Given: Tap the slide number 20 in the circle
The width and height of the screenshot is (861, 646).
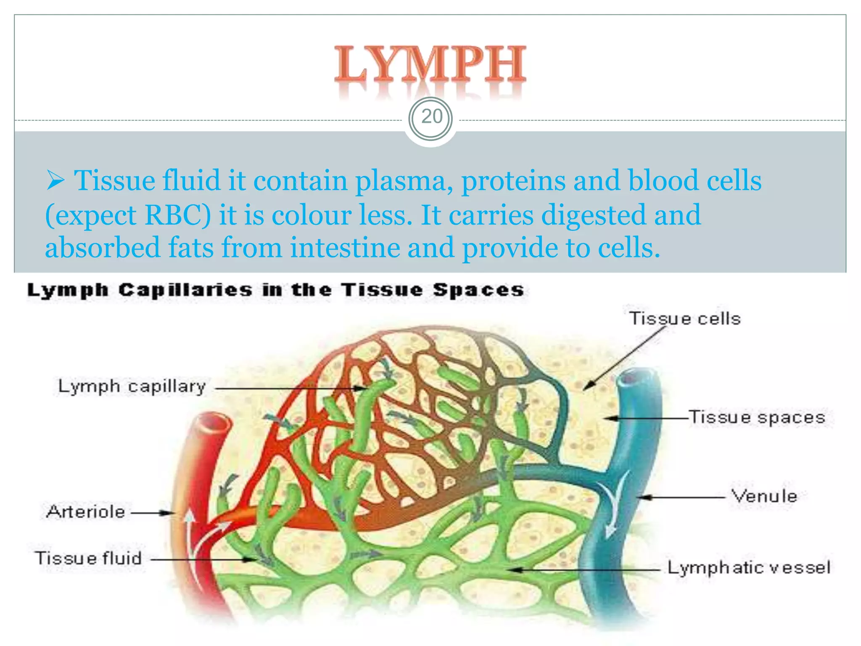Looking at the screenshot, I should coord(431,117).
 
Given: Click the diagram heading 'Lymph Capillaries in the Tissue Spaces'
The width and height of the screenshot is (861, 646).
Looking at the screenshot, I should coord(276,290).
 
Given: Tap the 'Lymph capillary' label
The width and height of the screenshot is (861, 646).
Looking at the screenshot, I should coord(132,387).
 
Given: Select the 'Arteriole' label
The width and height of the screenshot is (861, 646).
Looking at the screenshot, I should coord(86,512).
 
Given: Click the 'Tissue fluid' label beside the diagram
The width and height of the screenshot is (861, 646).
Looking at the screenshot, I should coord(89,559).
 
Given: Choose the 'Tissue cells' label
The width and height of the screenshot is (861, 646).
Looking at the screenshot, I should coord(685,319).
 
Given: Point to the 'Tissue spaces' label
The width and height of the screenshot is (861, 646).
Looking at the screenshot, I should coord(757,418).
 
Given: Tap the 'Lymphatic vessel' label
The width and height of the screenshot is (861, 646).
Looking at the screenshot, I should coord(749,568).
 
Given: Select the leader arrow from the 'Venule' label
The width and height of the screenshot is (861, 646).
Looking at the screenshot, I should coord(681,497).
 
